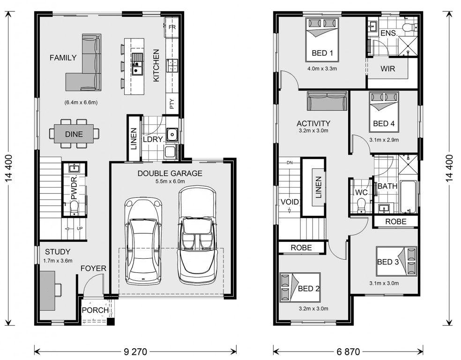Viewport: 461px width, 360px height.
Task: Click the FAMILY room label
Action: [x=63, y=58]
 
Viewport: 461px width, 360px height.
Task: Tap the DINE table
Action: [x=74, y=134]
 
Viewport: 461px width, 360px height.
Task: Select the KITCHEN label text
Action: [x=156, y=65]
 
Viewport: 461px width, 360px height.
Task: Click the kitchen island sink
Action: [x=137, y=64]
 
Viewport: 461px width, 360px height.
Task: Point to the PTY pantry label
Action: [x=172, y=104]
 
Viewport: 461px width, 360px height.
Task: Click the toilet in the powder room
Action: [x=74, y=207]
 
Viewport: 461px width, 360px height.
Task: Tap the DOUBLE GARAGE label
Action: [x=170, y=173]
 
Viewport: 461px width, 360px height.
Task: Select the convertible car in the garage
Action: [x=197, y=235]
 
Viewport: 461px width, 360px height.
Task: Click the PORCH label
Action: [x=95, y=310]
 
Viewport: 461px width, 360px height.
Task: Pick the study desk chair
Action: [x=58, y=289]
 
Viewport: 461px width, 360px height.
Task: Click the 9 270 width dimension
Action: [x=135, y=352]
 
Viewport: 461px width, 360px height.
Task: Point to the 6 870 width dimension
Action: [x=348, y=352]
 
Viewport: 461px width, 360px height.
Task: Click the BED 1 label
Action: [x=322, y=53]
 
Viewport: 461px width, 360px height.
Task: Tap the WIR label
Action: [x=388, y=69]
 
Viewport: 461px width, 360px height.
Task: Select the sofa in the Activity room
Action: [x=327, y=101]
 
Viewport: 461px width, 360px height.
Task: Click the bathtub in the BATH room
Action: [x=408, y=197]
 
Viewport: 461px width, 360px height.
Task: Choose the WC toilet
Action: [x=361, y=205]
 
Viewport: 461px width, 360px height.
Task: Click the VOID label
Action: [x=290, y=202]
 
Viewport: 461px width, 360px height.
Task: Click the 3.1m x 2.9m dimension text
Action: [x=384, y=140]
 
